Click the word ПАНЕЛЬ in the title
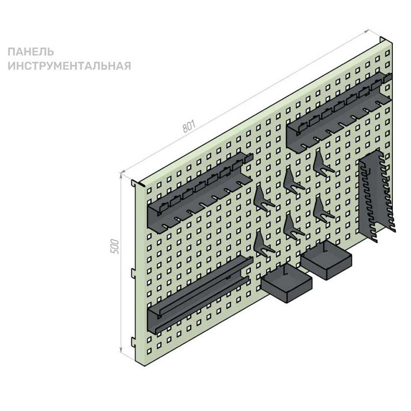click(x=31, y=52)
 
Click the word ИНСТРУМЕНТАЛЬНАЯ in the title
click(x=69, y=65)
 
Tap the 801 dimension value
click(x=189, y=126)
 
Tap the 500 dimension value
click(x=115, y=246)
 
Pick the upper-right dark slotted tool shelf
click(x=339, y=113)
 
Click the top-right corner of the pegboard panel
click(x=392, y=42)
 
